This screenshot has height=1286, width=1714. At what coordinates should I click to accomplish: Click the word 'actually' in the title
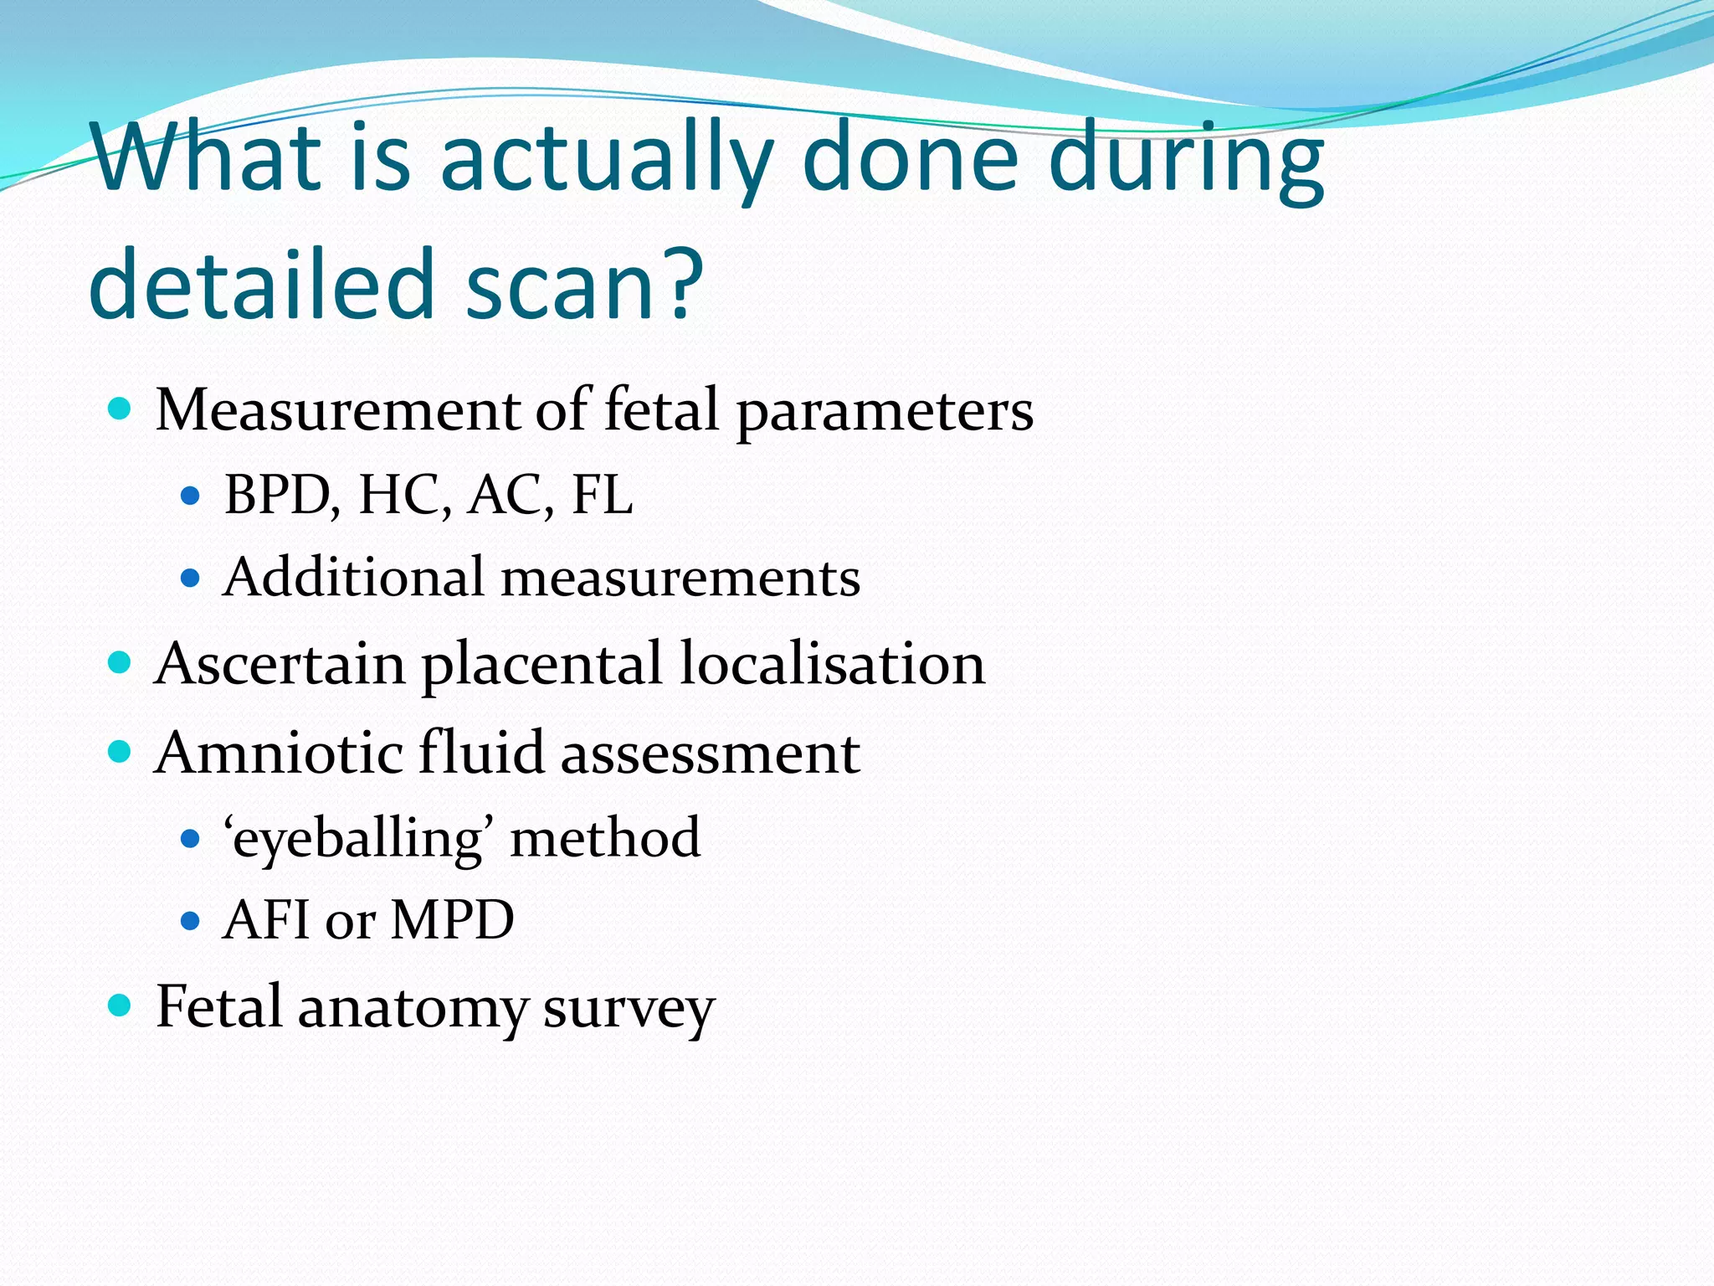pyautogui.click(x=606, y=159)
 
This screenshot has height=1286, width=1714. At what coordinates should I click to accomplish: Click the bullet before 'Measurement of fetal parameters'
pyautogui.click(x=121, y=409)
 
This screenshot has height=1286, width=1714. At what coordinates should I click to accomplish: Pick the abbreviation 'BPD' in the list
pyautogui.click(x=280, y=495)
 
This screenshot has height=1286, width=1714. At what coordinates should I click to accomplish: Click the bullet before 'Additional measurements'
pyautogui.click(x=191, y=578)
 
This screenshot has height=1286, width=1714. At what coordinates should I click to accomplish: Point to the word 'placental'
pyautogui.click(x=541, y=664)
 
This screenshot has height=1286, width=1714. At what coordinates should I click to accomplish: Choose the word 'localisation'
pyautogui.click(x=833, y=664)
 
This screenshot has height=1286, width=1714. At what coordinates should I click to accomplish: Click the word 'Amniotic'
pyautogui.click(x=279, y=752)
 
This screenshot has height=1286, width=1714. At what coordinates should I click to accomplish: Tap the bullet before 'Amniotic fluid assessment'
pyautogui.click(x=121, y=751)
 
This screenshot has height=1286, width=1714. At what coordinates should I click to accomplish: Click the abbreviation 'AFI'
pyautogui.click(x=267, y=920)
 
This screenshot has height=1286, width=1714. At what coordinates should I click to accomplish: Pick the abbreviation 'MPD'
pyautogui.click(x=452, y=920)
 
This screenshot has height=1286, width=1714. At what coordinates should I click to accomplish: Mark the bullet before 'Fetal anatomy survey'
pyautogui.click(x=121, y=1005)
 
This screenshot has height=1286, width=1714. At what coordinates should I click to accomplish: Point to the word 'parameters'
pyautogui.click(x=885, y=413)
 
